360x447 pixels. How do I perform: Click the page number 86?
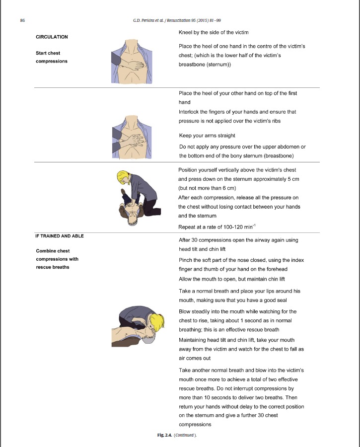tap(23, 20)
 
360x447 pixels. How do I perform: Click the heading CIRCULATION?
tap(52, 37)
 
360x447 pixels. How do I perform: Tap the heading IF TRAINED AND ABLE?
tap(60, 236)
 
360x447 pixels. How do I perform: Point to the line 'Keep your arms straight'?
tap(207, 136)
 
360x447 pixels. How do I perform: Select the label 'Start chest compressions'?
tap(52, 57)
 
